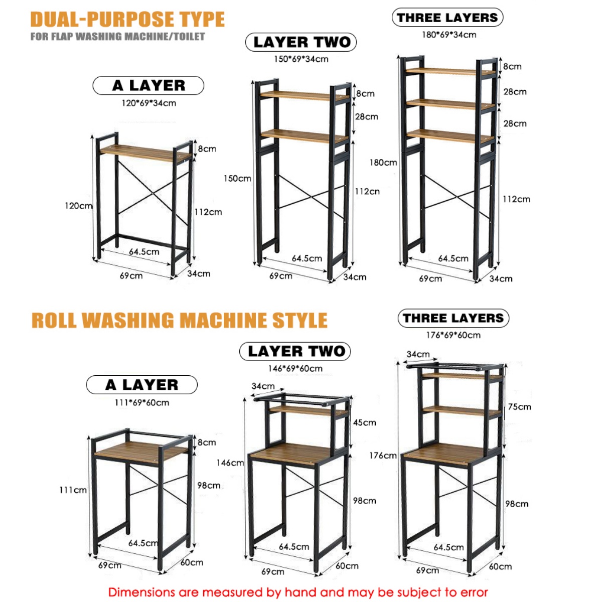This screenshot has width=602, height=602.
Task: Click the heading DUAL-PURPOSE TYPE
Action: [127, 19]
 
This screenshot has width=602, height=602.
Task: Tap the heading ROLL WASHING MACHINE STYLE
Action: [179, 320]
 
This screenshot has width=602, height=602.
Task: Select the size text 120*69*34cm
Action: [148, 103]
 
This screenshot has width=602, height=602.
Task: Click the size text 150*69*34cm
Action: [301, 59]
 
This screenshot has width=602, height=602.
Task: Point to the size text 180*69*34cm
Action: [448, 35]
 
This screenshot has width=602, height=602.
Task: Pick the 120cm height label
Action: [78, 206]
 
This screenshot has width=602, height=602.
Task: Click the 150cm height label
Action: [237, 179]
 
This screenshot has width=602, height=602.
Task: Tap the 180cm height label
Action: [383, 163]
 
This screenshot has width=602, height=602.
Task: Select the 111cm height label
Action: [73, 490]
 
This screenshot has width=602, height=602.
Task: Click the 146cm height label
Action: [230, 463]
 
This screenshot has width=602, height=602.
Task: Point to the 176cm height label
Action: [383, 456]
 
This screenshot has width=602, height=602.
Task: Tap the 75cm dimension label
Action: [519, 407]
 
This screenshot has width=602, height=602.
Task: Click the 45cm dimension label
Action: [364, 422]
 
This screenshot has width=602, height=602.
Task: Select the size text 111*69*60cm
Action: [141, 402]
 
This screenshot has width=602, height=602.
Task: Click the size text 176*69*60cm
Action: [453, 335]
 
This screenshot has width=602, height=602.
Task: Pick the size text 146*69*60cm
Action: [295, 368]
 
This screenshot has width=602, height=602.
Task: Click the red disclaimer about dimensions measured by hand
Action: [298, 592]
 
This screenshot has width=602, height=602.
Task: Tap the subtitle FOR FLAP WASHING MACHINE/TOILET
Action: [117, 37]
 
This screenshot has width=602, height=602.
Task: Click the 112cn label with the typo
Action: [367, 191]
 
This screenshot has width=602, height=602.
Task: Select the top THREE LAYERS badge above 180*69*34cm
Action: [447, 18]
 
